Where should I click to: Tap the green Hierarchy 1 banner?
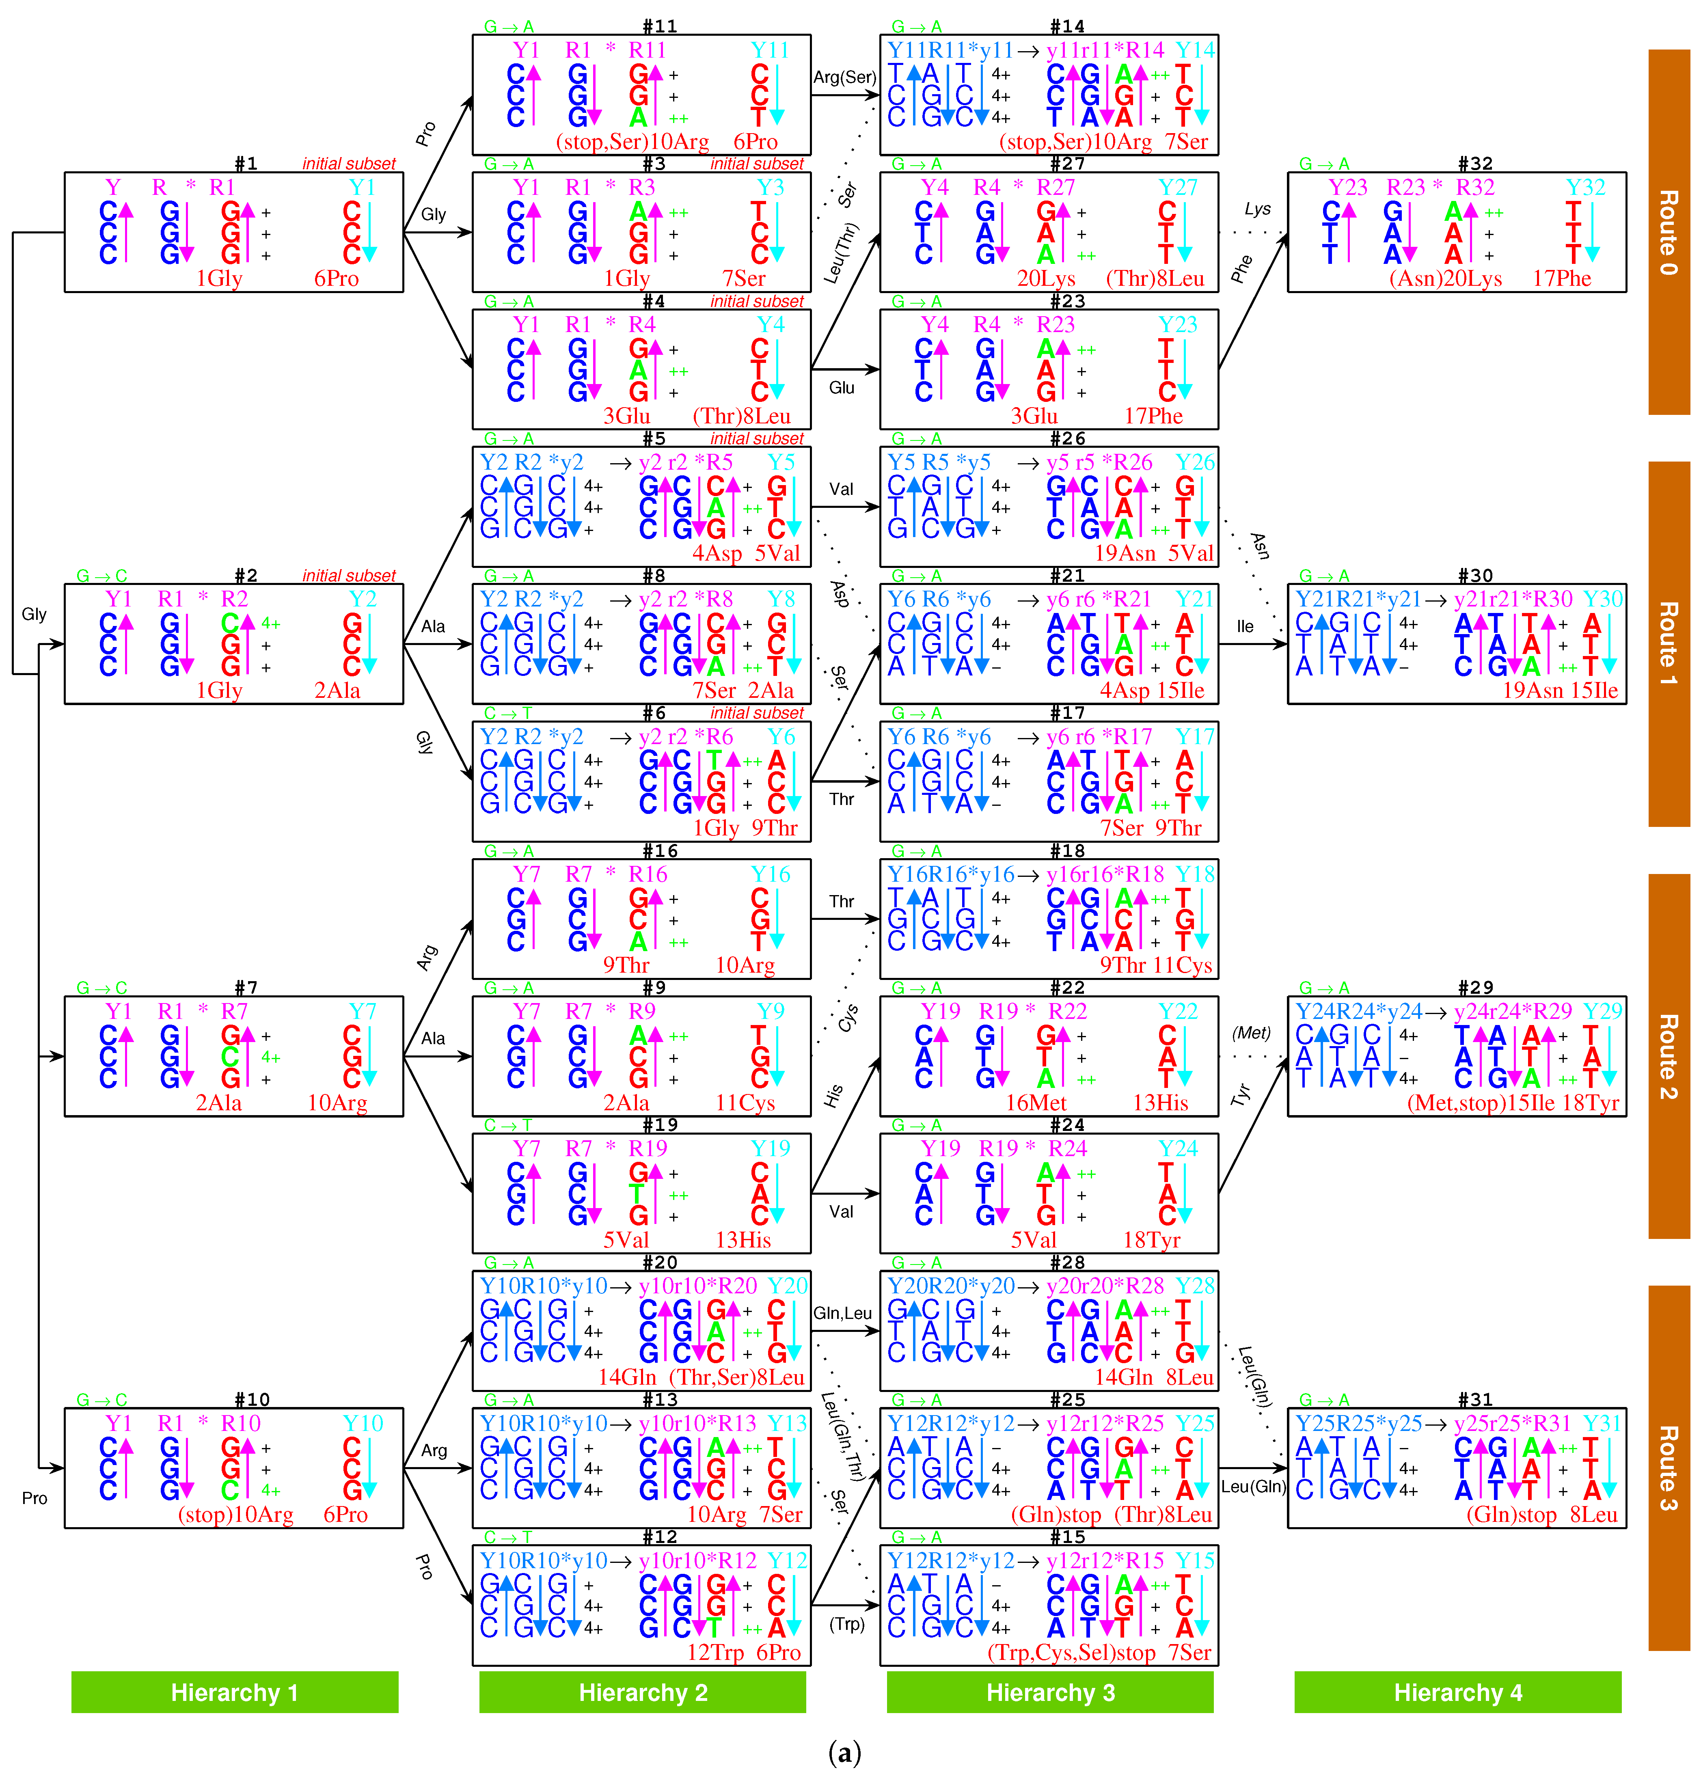(235, 1692)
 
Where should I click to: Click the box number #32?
(1474, 163)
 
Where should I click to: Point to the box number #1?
(246, 163)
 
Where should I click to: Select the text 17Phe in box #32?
(1561, 278)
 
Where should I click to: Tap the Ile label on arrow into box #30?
(1245, 626)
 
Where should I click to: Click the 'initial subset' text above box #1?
(349, 164)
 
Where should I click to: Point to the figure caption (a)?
(844, 1753)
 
